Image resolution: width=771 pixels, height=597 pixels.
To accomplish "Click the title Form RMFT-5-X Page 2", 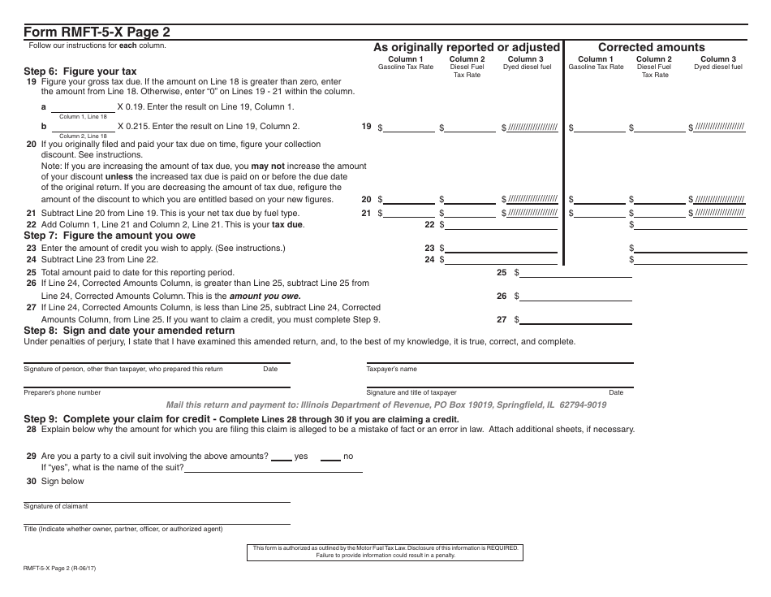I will [x=97, y=32].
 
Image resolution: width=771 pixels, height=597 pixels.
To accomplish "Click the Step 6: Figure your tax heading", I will [x=80, y=71].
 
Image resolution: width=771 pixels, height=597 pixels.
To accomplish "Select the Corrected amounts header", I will [x=651, y=47].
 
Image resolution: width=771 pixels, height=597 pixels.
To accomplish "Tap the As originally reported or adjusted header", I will [x=466, y=47].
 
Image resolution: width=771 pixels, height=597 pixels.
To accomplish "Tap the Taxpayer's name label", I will [x=391, y=369].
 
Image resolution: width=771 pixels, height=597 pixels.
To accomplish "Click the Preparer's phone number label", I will [x=62, y=392].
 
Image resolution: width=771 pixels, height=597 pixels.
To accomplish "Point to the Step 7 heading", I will [x=110, y=236].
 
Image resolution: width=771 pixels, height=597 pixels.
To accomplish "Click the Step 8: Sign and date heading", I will [x=129, y=331].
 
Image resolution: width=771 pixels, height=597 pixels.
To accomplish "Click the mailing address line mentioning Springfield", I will [x=385, y=404].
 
